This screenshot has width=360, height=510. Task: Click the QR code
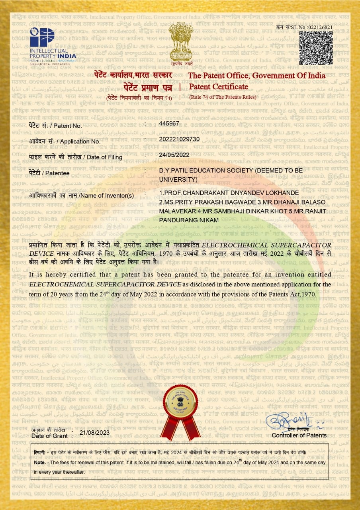click(316, 48)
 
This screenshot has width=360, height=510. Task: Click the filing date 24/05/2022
click(174, 155)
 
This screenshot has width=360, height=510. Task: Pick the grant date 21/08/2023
click(94, 432)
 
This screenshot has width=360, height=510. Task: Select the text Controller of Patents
click(299, 435)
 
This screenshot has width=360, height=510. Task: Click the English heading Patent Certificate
click(218, 87)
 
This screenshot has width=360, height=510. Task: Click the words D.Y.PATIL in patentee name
click(172, 171)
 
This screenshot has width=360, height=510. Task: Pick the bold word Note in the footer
click(39, 463)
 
